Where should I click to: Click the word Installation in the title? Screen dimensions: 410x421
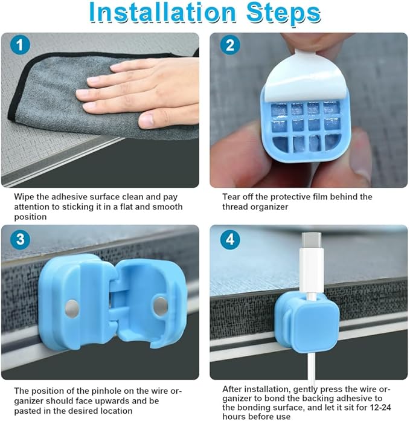tap(162, 12)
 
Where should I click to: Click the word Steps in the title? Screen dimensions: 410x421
tap(284, 13)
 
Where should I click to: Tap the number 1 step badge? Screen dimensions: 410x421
tap(20, 45)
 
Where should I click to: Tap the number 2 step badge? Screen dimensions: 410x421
tap(230, 45)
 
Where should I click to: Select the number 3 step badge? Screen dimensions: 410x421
tap(20, 239)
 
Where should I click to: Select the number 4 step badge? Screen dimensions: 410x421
tap(230, 239)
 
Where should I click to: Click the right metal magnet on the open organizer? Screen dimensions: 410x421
tap(161, 306)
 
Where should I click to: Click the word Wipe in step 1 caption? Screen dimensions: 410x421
tap(24, 197)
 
